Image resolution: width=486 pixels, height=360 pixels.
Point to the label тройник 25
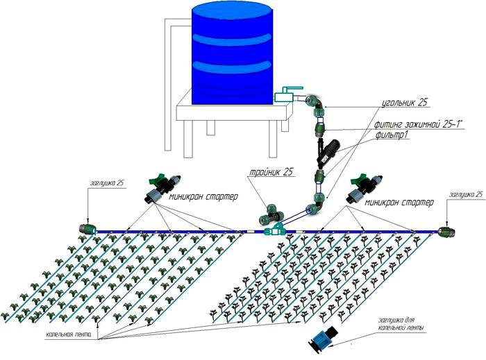point(270,172)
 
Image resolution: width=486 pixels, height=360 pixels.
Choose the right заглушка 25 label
point(465,195)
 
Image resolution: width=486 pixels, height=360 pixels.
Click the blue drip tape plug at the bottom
point(324,338)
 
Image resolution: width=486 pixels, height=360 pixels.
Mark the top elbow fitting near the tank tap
point(313,103)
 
